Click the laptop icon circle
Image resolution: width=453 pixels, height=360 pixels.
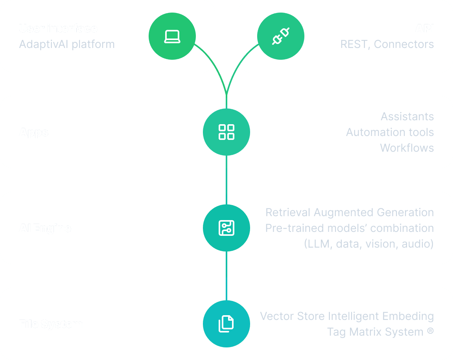click(x=172, y=37)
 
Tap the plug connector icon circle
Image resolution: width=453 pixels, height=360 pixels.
click(x=281, y=37)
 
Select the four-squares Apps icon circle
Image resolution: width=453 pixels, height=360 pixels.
click(x=226, y=132)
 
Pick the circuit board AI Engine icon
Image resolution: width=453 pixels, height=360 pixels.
click(x=226, y=228)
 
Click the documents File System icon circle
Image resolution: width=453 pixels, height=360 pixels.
click(x=226, y=324)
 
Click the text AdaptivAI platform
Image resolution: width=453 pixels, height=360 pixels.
click(x=67, y=44)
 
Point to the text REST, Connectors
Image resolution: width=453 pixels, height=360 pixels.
click(x=387, y=44)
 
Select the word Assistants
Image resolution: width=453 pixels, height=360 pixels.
click(x=407, y=116)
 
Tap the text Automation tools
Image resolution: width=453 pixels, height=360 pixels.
click(x=390, y=132)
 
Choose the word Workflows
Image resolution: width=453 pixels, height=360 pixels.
click(x=407, y=148)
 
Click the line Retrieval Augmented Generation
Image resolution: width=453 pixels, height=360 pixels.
click(x=350, y=212)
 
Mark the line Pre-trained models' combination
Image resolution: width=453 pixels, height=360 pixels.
click(x=350, y=228)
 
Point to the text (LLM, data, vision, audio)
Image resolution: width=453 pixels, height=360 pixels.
click(x=368, y=244)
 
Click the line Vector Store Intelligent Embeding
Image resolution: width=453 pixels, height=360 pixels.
click(x=347, y=316)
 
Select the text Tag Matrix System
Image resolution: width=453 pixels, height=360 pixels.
click(x=375, y=332)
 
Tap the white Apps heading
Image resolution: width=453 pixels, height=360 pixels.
click(x=34, y=132)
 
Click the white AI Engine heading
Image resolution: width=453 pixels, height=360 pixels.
click(x=45, y=228)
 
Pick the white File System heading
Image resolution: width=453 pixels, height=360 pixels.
click(x=51, y=324)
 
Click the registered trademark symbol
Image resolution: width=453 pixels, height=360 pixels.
click(x=430, y=331)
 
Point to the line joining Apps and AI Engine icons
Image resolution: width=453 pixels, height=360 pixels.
click(x=226, y=180)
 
